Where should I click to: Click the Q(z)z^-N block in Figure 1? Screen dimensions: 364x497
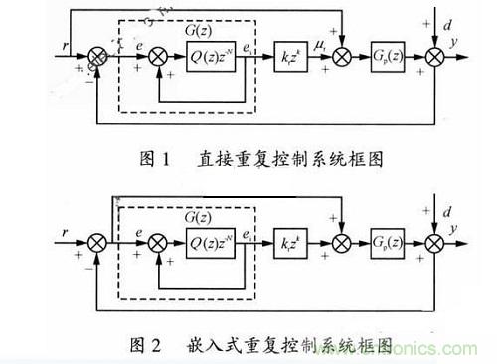tap(213, 58)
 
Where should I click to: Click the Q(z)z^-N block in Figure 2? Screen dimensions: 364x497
tap(213, 241)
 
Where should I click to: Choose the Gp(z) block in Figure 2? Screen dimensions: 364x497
tap(388, 241)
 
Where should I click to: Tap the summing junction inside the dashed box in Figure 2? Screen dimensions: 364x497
tap(156, 241)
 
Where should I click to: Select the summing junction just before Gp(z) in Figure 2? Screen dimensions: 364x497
tap(341, 241)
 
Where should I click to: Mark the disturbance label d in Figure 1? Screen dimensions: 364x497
tap(448, 27)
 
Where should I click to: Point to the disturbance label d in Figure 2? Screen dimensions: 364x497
tap(448, 211)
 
